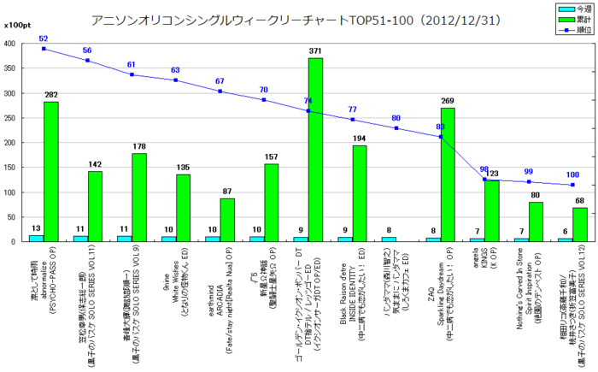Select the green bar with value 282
51,171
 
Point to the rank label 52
44,39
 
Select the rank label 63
176,71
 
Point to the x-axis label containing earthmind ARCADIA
214,295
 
